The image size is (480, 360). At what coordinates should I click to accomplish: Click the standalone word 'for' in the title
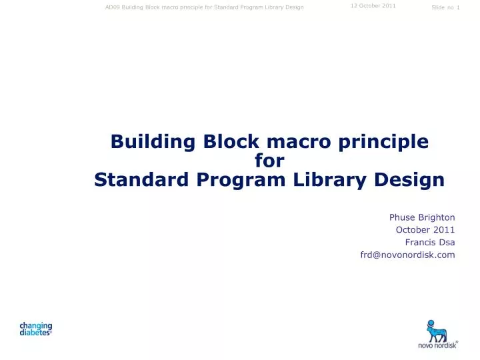(x=270, y=161)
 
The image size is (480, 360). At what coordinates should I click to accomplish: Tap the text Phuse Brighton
(x=422, y=217)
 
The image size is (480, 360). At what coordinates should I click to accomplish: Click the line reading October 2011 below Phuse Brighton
(x=425, y=230)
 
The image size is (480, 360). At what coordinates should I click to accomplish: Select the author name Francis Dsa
(x=429, y=242)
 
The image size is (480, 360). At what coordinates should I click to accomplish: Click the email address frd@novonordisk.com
(x=407, y=255)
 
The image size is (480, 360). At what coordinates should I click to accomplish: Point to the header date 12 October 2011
(x=373, y=6)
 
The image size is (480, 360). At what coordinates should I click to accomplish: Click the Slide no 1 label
(x=445, y=7)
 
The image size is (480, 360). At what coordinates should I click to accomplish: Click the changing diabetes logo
(x=35, y=329)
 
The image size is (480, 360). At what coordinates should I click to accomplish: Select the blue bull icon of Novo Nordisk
(x=437, y=330)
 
